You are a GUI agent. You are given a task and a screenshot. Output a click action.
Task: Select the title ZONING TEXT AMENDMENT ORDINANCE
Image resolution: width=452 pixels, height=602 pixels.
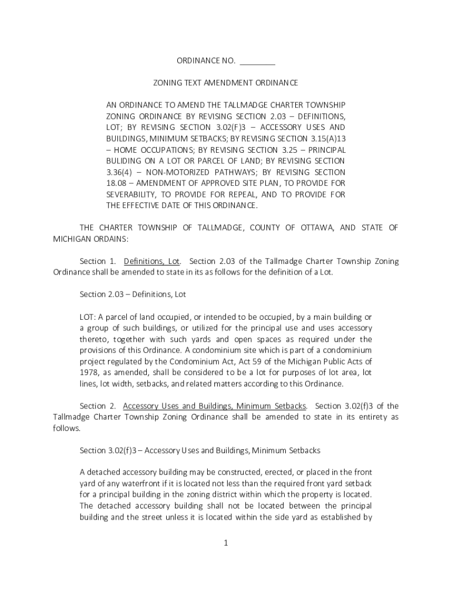click(x=226, y=83)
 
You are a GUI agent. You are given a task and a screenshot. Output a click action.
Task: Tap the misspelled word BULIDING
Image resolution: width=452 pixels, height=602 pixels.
click(x=125, y=160)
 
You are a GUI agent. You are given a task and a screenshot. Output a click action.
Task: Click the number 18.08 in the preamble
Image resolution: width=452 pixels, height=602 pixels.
click(x=116, y=183)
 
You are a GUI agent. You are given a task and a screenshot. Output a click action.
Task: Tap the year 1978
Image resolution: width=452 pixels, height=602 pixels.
click(x=89, y=373)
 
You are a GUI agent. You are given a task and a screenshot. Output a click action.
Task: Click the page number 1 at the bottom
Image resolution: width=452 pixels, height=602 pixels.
click(x=225, y=543)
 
